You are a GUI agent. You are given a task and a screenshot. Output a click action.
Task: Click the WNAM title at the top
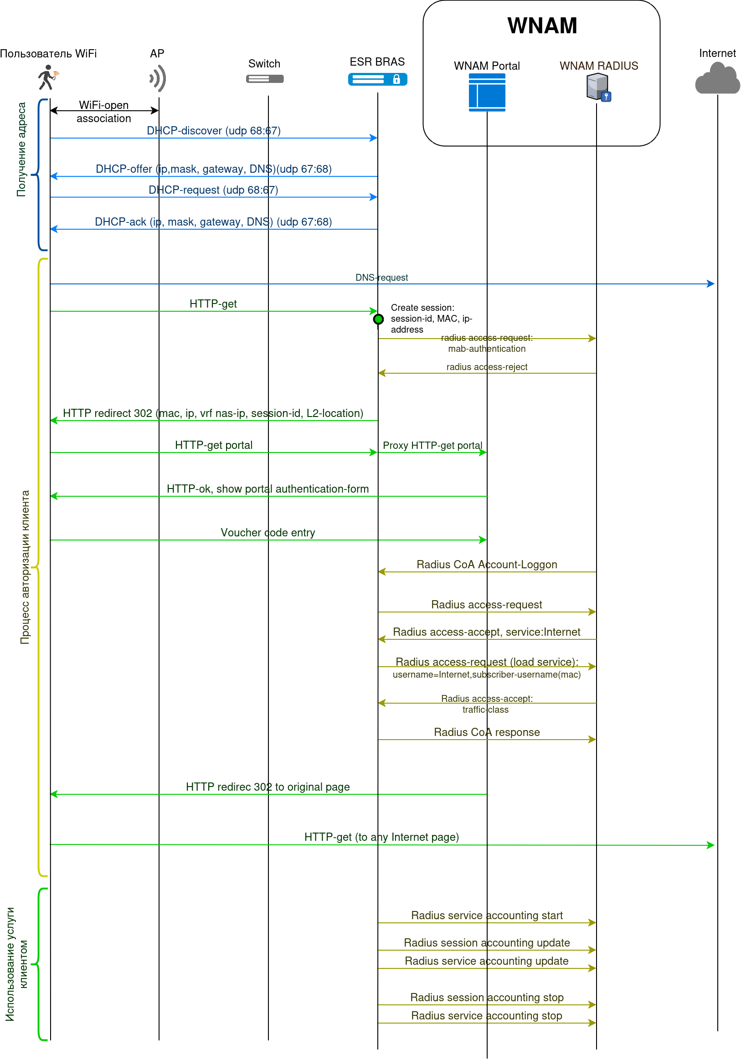[x=542, y=26]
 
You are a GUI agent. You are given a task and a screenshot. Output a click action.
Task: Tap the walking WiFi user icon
[x=47, y=77]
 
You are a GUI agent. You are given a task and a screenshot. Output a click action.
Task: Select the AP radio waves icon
[x=158, y=78]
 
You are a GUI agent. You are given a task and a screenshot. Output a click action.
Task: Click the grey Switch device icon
[x=264, y=79]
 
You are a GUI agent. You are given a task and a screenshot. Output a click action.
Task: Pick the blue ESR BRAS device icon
[x=377, y=79]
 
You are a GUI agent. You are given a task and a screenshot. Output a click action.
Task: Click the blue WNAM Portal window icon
[x=487, y=93]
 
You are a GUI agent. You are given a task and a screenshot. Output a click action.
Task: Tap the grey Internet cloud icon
[x=717, y=79]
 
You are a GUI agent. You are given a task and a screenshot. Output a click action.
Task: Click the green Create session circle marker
[x=378, y=319]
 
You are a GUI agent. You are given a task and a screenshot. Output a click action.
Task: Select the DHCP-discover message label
[x=213, y=131]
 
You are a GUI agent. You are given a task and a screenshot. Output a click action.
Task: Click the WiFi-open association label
[x=103, y=112]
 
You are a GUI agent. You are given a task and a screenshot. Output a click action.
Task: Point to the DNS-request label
[x=381, y=278]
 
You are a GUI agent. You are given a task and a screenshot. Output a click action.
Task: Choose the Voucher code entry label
[x=268, y=532]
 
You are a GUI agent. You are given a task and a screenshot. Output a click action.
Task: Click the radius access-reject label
[x=487, y=367]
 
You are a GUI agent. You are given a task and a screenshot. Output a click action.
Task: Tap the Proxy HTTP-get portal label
[x=432, y=445]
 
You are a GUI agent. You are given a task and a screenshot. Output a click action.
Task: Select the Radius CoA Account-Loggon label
[x=487, y=564]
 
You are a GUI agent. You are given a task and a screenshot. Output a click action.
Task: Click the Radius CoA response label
[x=487, y=732]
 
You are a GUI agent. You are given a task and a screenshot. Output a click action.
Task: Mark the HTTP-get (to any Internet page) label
[x=381, y=837]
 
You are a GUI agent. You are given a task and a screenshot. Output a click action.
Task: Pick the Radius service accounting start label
[x=487, y=915]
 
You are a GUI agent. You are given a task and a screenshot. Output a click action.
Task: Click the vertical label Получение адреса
[x=21, y=149]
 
